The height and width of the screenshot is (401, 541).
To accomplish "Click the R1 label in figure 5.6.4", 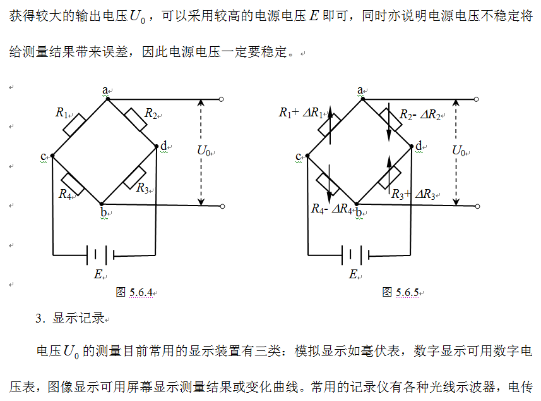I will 62,113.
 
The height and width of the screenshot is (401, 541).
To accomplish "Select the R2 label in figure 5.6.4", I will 150,113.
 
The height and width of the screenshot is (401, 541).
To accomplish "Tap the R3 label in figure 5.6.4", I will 143,188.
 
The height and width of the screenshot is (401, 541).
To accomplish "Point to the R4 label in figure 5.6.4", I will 65,194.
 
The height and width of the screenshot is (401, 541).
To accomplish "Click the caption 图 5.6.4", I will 134,292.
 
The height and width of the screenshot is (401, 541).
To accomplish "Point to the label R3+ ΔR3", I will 413,194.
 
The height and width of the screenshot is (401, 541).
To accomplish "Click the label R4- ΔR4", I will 331,209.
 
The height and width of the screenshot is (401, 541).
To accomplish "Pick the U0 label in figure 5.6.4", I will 205,151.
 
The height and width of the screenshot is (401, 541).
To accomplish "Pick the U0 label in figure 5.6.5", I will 459,151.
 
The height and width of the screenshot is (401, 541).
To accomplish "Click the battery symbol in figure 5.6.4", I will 101,256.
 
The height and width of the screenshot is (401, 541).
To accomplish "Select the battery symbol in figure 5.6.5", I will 354,256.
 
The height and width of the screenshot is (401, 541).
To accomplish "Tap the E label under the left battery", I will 98,274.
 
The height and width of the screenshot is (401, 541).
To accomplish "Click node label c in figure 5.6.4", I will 44,156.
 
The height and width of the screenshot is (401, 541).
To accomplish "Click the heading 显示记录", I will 78,318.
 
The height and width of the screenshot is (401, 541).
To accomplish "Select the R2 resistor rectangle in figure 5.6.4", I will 135,119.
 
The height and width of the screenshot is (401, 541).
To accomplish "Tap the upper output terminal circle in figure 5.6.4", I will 221,99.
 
